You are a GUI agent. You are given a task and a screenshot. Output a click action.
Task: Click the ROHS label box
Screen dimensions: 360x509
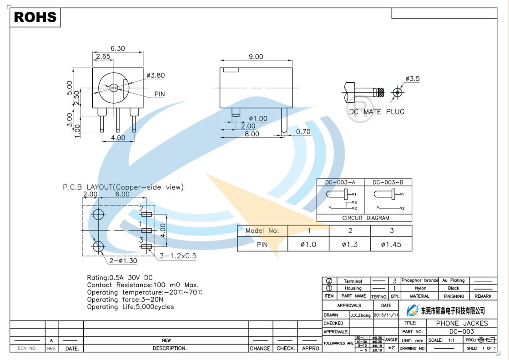point(35,17)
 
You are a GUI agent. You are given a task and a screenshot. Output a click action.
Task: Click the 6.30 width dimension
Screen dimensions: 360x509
point(117,49)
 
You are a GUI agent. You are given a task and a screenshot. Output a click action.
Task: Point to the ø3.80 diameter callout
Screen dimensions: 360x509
point(156,75)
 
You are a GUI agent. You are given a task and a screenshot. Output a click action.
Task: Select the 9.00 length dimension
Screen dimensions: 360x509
point(256,57)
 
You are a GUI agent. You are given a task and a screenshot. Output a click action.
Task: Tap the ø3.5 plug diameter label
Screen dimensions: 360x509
point(412,79)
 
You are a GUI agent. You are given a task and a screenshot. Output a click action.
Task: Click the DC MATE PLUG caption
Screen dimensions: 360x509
point(377,111)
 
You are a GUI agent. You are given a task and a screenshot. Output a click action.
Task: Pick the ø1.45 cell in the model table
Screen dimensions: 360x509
point(391,245)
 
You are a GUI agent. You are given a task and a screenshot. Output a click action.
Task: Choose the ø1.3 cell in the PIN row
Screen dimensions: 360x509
point(350,245)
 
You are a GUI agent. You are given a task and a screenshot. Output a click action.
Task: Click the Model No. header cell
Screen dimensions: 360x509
point(262,231)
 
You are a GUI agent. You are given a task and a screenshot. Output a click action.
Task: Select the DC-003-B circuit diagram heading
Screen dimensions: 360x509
point(388,182)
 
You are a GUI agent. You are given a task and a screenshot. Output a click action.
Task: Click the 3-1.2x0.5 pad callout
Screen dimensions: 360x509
point(177,256)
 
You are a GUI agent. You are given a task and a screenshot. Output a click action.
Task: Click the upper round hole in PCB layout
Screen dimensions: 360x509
point(98,214)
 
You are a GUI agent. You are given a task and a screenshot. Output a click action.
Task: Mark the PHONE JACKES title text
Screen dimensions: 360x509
point(462,323)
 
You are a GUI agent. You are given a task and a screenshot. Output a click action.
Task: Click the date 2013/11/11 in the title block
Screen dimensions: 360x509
point(386,315)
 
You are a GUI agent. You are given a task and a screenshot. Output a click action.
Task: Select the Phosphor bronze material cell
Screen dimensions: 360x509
point(419,280)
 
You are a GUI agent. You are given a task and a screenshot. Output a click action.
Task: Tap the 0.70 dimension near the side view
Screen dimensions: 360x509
point(303,132)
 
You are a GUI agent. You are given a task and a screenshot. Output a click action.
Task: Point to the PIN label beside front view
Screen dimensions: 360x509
point(159,95)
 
